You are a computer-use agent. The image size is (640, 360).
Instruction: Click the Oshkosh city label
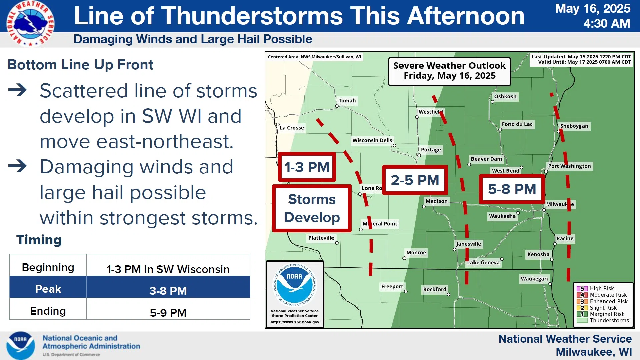(x=505, y=97)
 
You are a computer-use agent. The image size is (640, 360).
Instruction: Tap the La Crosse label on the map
(x=292, y=128)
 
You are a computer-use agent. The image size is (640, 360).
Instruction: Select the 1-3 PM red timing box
(x=307, y=167)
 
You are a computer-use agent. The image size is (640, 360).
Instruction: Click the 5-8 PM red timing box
(x=512, y=189)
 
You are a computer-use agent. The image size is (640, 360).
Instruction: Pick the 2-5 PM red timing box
(x=415, y=180)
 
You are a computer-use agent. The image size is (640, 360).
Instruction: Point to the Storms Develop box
(x=312, y=208)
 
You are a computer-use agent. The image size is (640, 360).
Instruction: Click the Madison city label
(x=437, y=201)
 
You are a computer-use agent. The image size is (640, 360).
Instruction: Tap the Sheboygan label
(x=574, y=126)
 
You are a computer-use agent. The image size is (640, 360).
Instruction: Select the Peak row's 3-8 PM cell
(x=168, y=291)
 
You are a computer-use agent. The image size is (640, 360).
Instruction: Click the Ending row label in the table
(x=48, y=311)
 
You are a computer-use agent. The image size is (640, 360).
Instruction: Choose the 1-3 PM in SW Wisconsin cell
(x=168, y=269)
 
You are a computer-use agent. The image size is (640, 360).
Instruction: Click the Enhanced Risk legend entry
(x=602, y=301)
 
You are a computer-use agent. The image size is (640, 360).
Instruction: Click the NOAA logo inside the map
(x=295, y=285)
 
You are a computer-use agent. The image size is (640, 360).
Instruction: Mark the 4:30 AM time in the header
(x=607, y=23)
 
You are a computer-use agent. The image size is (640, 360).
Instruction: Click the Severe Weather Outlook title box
(x=449, y=71)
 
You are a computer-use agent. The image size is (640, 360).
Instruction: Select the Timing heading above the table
(x=39, y=240)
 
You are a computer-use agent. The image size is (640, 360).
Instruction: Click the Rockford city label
(x=435, y=289)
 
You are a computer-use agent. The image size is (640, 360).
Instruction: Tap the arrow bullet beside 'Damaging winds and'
(x=17, y=166)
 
